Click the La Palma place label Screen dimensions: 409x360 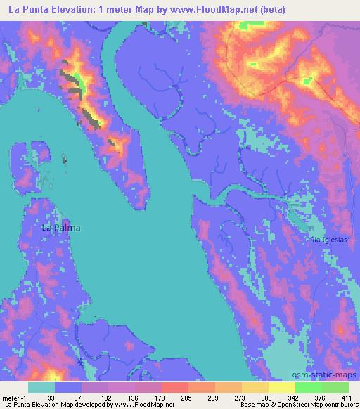61,228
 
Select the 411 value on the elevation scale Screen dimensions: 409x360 346,397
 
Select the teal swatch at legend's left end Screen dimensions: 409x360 41,387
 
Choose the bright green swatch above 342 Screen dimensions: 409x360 309,387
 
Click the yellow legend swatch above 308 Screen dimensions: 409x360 282,387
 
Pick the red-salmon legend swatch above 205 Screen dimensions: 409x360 175,387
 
